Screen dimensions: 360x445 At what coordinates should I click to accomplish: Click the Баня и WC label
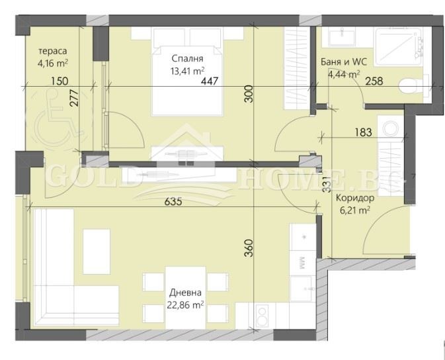pyautogui.click(x=343, y=62)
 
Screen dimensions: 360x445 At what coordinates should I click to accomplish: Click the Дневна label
pyautogui.click(x=186, y=292)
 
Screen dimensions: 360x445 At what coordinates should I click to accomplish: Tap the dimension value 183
pyautogui.click(x=362, y=132)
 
